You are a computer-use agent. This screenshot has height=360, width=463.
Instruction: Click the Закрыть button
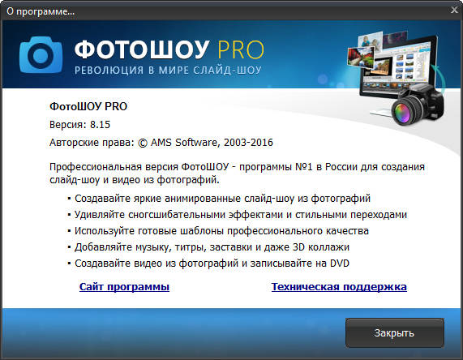coord(394,332)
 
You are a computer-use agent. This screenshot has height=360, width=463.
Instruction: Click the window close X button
coord(451,11)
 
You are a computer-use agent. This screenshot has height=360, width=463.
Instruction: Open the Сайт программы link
coord(124,287)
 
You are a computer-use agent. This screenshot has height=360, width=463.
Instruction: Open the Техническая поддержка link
coord(339,287)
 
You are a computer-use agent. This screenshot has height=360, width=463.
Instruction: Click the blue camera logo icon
coord(41,52)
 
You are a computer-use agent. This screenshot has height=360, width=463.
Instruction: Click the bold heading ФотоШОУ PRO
coord(88,106)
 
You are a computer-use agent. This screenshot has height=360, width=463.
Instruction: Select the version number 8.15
coord(101,124)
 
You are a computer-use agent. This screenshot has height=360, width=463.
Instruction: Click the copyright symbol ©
coord(144,142)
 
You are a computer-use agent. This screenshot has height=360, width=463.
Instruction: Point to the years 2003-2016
coord(246,142)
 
